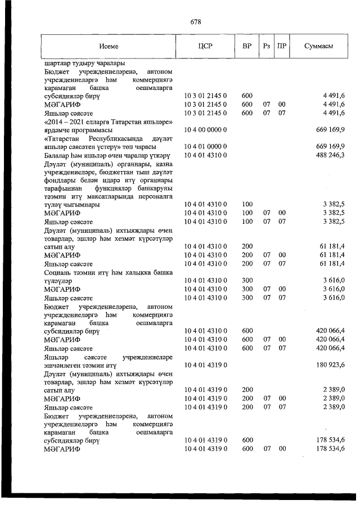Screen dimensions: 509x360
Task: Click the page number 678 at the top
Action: (x=196, y=22)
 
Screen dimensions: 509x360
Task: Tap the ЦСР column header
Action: (x=205, y=46)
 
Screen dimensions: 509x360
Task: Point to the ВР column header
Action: (x=246, y=46)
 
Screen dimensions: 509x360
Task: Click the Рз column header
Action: (x=266, y=46)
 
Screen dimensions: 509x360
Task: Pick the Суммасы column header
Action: (x=319, y=46)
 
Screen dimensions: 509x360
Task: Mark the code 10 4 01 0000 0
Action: (x=206, y=146)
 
